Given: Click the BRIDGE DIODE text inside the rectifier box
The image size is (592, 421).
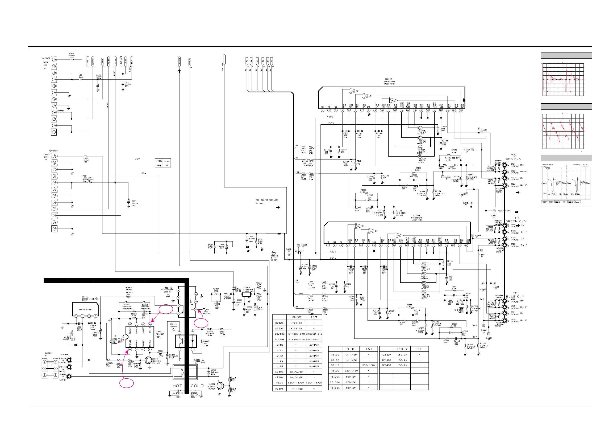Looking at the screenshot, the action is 85,309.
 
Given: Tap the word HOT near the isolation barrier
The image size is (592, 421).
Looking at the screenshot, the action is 177,386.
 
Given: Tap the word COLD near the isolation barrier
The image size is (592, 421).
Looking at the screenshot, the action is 197,386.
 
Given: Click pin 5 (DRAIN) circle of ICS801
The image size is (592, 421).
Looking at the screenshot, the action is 150,324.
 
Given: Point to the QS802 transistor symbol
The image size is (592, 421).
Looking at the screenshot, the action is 148,360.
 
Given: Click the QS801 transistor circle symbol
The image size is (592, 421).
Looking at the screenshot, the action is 220,385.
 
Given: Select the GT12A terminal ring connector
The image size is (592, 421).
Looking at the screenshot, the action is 69,360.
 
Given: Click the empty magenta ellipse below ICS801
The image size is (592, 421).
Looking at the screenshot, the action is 127,383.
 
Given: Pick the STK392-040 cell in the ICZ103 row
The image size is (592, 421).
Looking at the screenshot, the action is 296,334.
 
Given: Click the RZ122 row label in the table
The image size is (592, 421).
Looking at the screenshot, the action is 335,371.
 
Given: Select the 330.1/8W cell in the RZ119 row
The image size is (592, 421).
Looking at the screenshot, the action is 368,365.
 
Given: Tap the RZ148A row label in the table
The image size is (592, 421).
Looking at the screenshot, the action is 386,360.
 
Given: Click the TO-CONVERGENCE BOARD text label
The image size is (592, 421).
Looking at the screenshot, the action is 267,202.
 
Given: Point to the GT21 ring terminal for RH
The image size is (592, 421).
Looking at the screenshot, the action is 504,165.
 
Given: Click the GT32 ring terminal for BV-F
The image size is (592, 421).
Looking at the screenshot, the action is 504,320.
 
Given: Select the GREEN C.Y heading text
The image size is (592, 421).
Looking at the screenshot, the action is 516,221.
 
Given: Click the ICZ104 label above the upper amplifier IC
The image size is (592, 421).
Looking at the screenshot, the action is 388,79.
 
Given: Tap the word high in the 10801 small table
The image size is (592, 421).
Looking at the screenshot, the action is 166,161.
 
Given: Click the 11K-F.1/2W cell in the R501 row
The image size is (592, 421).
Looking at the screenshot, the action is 296,383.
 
